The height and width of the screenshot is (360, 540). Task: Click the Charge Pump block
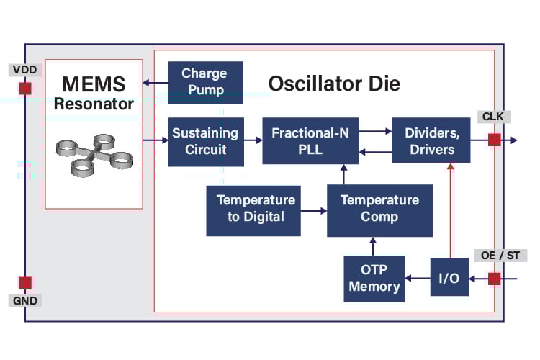tap(205, 81)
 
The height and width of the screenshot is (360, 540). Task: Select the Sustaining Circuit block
tap(205, 141)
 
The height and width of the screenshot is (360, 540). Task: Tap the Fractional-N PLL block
tap(310, 141)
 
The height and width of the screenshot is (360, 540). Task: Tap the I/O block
tap(449, 278)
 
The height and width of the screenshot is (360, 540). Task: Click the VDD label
tap(25, 70)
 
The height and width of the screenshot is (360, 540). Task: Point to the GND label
tap(25, 300)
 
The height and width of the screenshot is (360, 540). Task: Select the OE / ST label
tap(503, 256)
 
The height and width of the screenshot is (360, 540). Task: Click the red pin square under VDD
tap(25, 88)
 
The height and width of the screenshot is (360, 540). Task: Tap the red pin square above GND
tap(25, 282)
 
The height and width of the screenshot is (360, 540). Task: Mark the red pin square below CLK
tap(494, 140)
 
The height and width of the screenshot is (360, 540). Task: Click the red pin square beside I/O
tap(494, 279)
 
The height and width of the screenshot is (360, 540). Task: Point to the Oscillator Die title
tap(334, 84)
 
